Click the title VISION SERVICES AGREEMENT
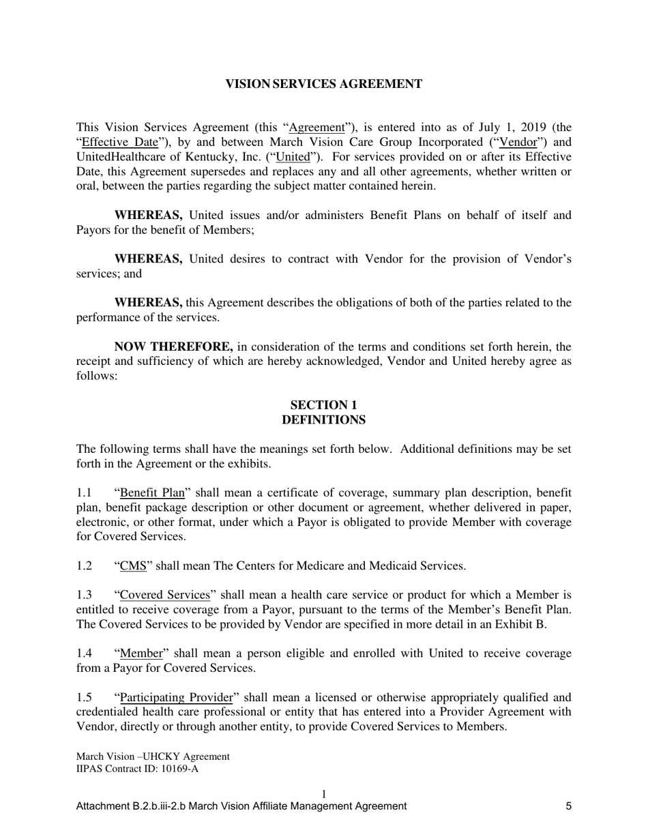(323, 84)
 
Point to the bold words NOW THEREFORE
(173, 347)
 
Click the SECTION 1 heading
(323, 405)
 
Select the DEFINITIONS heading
(323, 420)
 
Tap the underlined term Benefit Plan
(153, 492)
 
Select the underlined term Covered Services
(165, 595)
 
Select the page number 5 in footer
(568, 806)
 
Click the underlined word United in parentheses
(293, 157)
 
